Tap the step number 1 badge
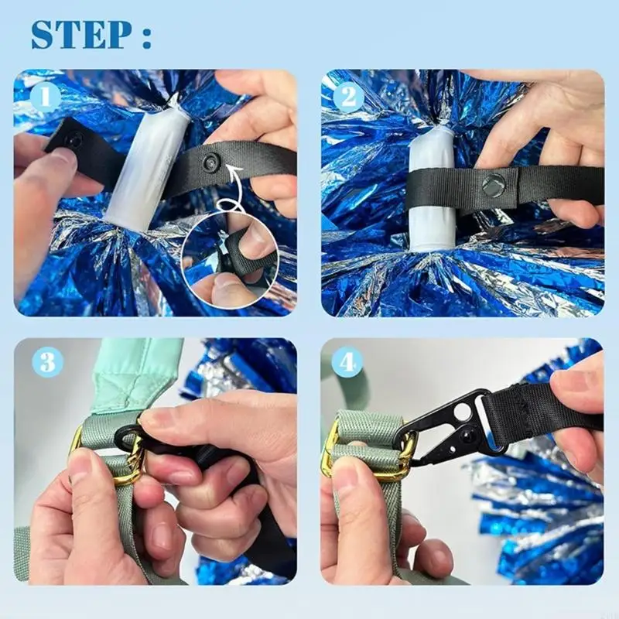coord(45,97)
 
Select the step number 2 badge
coord(349,97)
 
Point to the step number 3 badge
coord(48,361)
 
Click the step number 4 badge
coord(347,361)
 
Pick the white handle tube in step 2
coord(432,190)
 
